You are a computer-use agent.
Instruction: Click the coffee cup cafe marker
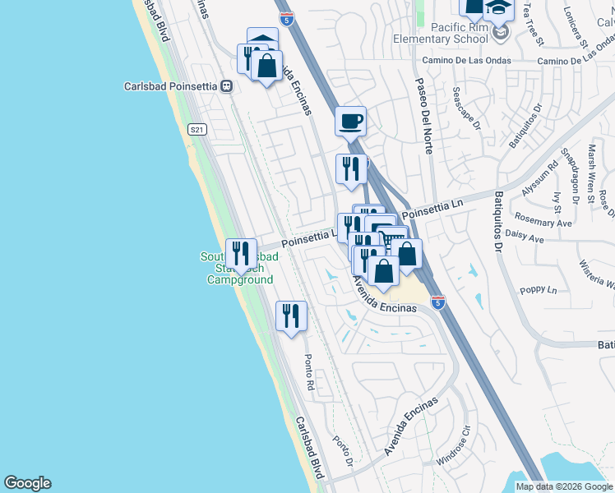(x=350, y=122)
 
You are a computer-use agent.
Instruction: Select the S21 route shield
(x=196, y=129)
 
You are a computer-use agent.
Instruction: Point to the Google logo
(x=27, y=483)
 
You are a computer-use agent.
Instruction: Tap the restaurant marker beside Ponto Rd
(x=291, y=316)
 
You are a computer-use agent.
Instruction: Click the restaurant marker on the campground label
(x=240, y=254)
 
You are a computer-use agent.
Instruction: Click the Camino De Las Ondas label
(x=466, y=61)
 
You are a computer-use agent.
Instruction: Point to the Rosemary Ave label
(x=543, y=223)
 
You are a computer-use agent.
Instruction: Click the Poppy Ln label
(x=539, y=290)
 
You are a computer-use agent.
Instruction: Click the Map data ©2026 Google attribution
(x=564, y=486)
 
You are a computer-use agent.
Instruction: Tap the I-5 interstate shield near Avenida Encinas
(x=437, y=303)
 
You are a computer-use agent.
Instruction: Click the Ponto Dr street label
(x=341, y=449)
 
